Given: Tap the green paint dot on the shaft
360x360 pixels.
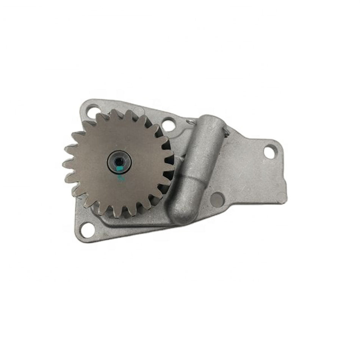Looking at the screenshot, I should click(x=120, y=165).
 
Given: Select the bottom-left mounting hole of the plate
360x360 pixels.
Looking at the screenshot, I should click(x=87, y=229).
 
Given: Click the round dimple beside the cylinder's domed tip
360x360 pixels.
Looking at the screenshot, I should click(x=217, y=199).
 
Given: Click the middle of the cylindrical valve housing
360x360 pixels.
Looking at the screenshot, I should click(x=197, y=167).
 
